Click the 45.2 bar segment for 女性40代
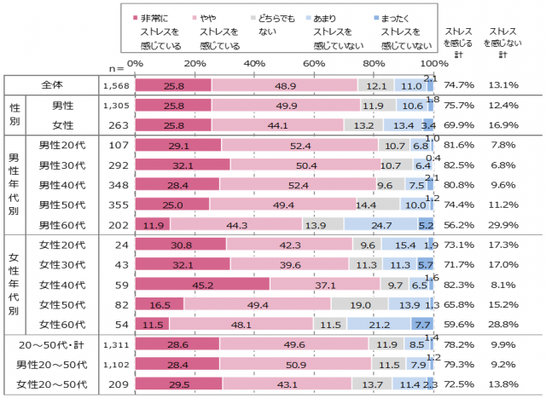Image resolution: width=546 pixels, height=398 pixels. [x=202, y=284]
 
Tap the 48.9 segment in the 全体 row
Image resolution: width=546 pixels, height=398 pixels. [x=285, y=84]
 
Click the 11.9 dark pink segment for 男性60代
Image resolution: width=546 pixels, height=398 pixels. [x=153, y=223]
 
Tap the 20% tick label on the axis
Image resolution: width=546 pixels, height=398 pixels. [x=195, y=63]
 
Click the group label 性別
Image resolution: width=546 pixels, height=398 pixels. [x=15, y=115]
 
